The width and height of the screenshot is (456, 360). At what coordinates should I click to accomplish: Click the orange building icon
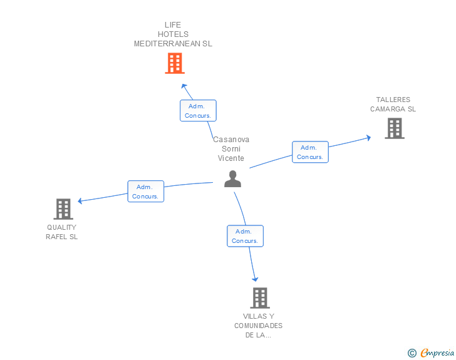tap(175, 63)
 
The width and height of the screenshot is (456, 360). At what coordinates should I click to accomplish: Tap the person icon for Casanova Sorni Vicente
tap(232, 179)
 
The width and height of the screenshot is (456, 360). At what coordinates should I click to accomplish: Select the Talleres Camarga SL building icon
tap(395, 128)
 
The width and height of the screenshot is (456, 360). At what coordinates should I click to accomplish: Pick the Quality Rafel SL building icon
tap(63, 209)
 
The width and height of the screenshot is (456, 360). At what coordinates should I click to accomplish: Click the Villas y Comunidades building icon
tap(260, 298)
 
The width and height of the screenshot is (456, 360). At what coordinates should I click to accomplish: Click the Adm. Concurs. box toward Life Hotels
tap(198, 110)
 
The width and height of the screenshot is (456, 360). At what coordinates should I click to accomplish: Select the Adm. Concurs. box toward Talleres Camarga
tap(310, 152)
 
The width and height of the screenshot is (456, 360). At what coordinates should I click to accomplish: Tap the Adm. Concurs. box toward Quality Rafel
tap(146, 192)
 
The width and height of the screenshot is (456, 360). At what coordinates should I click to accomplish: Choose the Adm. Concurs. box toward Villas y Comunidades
tap(245, 236)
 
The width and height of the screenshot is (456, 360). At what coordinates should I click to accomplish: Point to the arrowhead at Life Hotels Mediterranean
tap(184, 86)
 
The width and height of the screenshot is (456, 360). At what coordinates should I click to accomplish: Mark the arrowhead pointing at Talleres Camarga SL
tap(368, 138)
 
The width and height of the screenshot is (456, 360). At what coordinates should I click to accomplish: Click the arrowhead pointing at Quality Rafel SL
tap(80, 200)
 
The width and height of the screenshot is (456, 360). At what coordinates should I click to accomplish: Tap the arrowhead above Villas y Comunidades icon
tap(255, 279)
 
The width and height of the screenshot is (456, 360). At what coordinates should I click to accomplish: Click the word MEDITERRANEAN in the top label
tap(167, 44)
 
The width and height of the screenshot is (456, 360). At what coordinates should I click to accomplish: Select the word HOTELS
tap(173, 34)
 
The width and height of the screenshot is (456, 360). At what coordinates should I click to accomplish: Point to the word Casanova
tap(231, 140)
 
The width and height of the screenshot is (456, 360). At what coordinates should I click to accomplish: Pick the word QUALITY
tap(61, 227)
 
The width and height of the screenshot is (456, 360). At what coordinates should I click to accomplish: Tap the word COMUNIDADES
tap(258, 326)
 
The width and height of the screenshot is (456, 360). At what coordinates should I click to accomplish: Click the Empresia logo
tap(431, 352)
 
